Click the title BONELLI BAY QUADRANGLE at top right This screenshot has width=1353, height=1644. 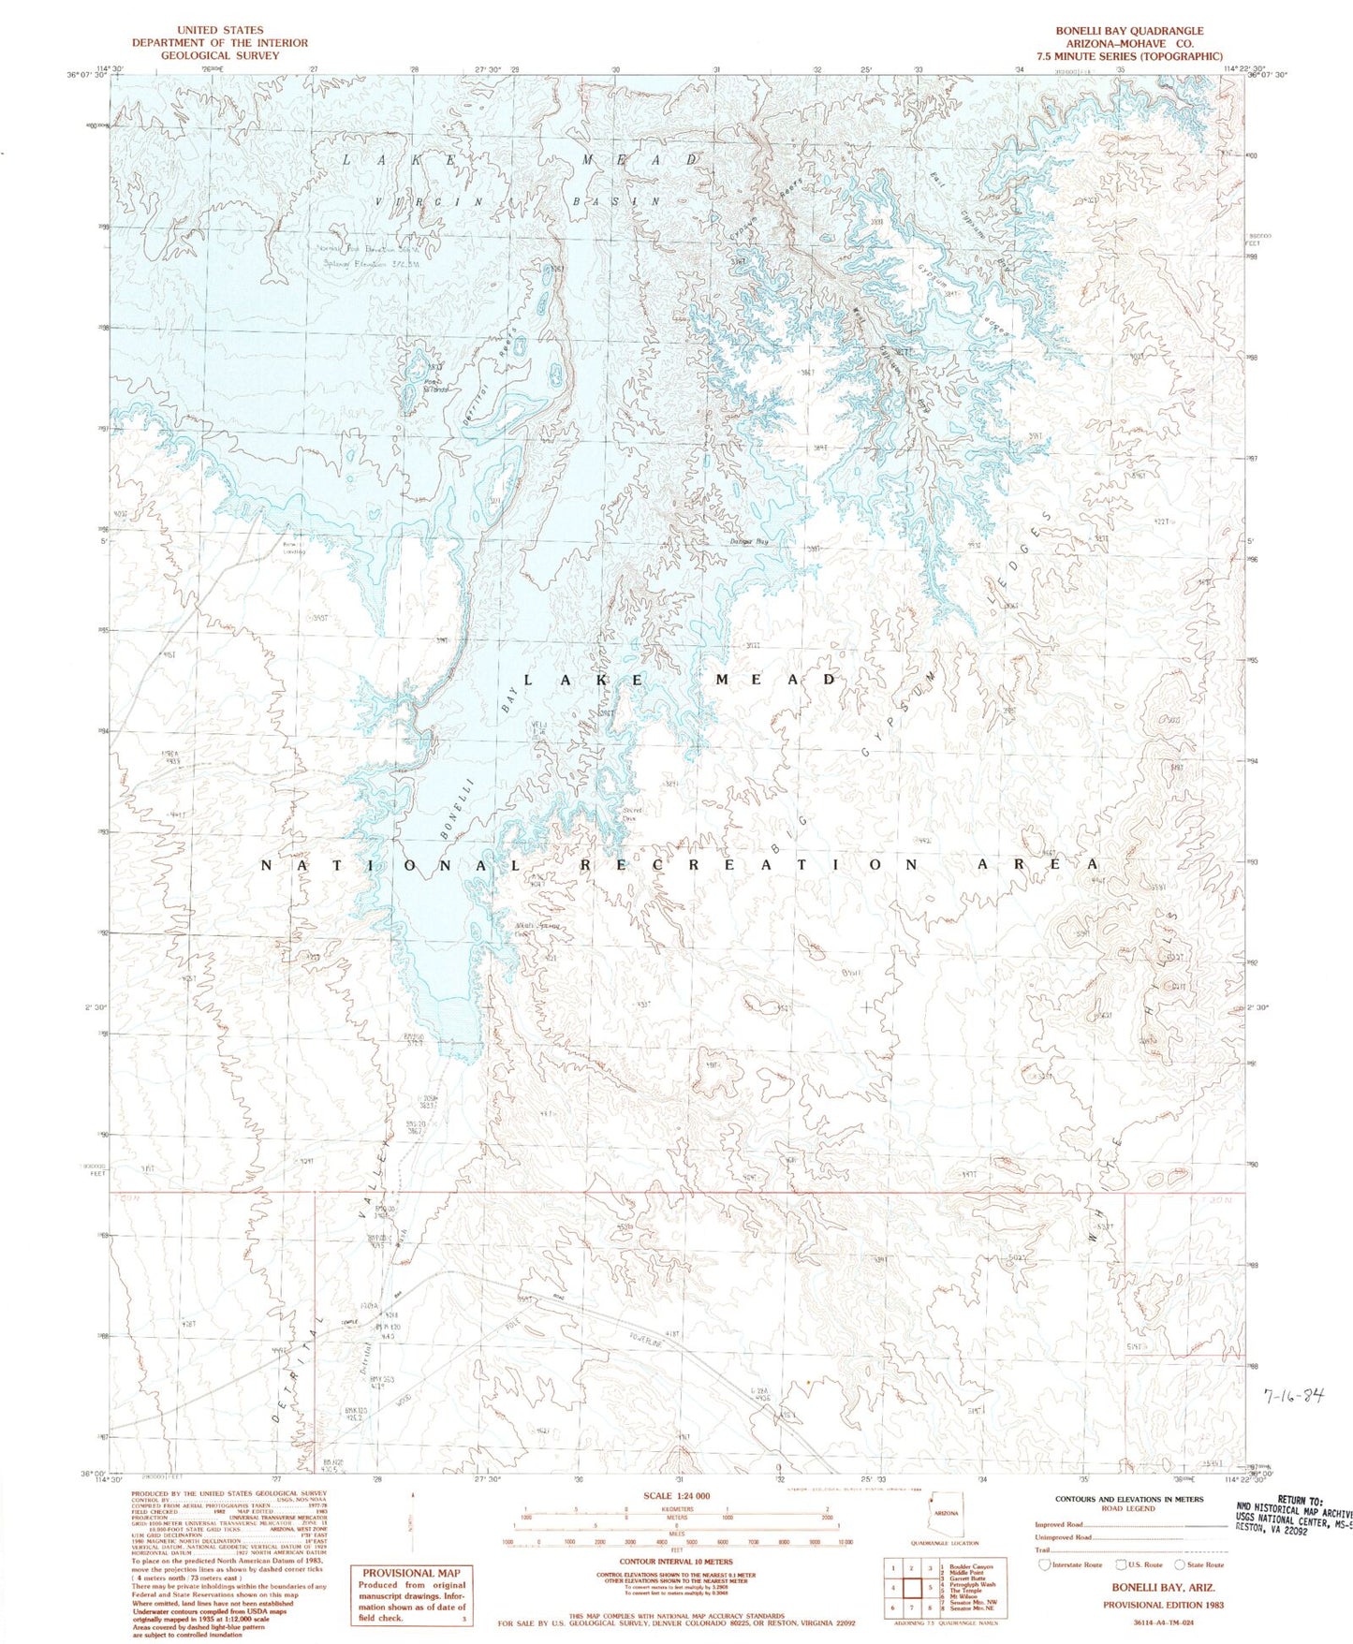click(1129, 31)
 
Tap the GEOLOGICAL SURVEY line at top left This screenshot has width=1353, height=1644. click(219, 55)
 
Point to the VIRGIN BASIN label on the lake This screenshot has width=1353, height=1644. click(520, 201)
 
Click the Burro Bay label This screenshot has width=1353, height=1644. click(749, 541)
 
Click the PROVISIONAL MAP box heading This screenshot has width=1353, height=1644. click(411, 1573)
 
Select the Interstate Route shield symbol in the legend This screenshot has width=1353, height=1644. click(1045, 1564)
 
